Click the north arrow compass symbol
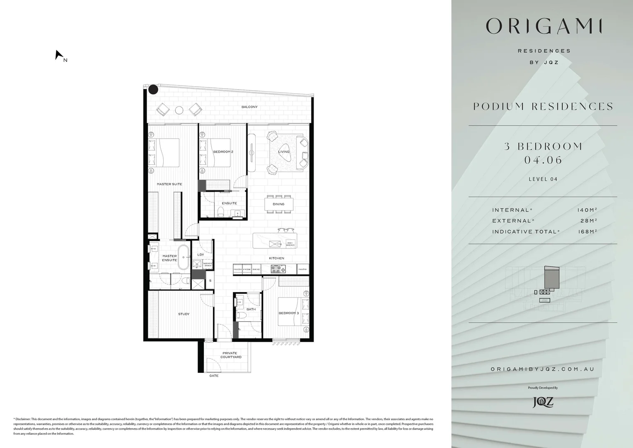coord(59,55)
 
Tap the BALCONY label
coord(249,107)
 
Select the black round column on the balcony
coord(153,90)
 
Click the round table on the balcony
coord(179,110)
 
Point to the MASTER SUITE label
coord(169,184)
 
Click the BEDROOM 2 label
coord(223,152)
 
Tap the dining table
coord(279,204)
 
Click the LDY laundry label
coord(201,255)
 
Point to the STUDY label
coord(184,314)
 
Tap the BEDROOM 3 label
coord(288,313)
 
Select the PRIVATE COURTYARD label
coord(231,355)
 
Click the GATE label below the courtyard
coord(214,376)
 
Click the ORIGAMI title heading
coord(543,26)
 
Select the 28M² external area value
coord(589,221)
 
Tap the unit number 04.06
coord(543,160)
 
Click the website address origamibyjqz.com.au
coord(542,369)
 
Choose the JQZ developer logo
coord(543,402)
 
